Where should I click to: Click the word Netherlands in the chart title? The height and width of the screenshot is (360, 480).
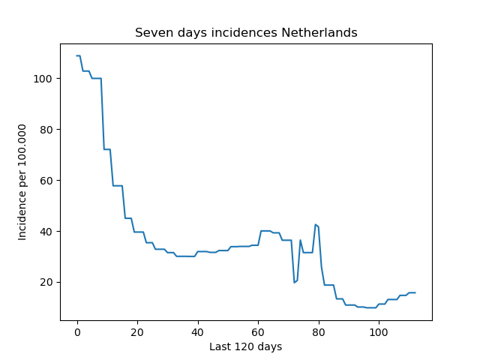[x=319, y=32]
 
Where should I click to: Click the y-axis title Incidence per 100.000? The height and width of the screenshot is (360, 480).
[x=22, y=182]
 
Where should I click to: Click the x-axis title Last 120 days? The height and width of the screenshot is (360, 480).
[x=246, y=346]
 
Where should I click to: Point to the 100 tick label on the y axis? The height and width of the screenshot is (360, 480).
[x=43, y=79]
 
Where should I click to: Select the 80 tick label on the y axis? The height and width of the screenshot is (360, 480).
[x=46, y=130]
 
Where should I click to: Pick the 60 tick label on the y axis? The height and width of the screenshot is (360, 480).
[x=46, y=181]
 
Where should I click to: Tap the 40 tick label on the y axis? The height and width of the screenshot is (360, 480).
[x=46, y=232]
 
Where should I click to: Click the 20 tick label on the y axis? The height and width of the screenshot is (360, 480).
[x=46, y=282]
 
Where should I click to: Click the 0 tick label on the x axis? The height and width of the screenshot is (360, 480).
[x=77, y=332]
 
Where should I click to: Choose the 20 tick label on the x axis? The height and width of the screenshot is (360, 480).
[x=137, y=332]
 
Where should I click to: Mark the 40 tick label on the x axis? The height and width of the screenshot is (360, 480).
[x=198, y=332]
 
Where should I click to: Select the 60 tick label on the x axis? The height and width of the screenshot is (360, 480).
[x=258, y=332]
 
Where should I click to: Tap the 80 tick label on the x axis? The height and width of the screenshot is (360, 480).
[x=319, y=332]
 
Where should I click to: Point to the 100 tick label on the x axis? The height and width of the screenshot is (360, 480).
[x=379, y=332]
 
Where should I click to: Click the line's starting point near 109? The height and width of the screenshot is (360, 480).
[x=76, y=55]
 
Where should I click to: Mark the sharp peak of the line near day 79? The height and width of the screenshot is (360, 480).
[x=315, y=224]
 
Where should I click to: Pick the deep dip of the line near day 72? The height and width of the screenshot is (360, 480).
[x=294, y=283]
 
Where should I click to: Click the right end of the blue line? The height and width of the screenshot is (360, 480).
[x=415, y=292]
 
